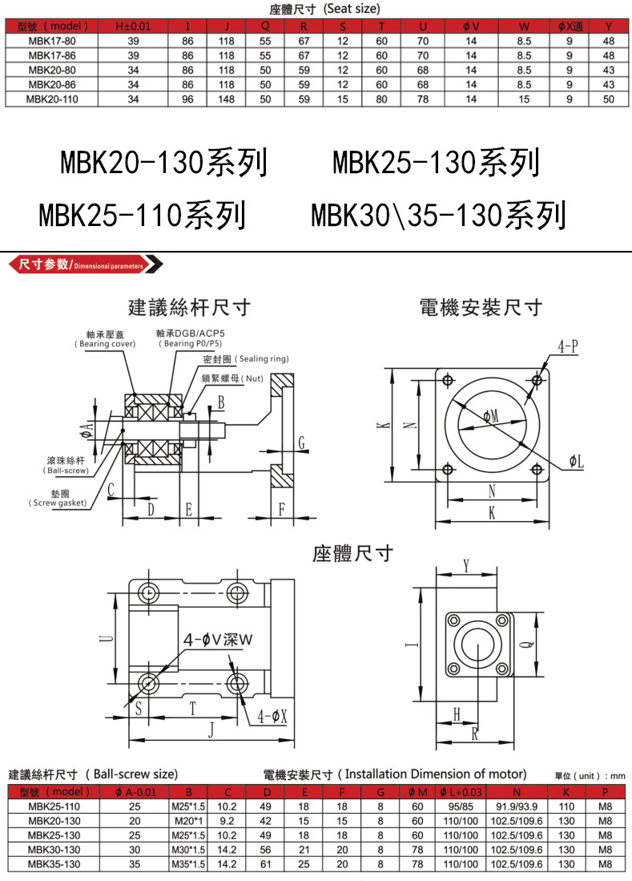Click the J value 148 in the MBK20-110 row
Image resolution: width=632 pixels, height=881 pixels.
click(226, 99)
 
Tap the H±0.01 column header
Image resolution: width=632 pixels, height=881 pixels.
click(133, 26)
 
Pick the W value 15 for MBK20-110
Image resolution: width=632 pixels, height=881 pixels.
click(524, 99)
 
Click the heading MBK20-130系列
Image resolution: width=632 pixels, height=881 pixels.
click(163, 163)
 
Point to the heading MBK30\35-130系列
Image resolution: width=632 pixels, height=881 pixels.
click(438, 215)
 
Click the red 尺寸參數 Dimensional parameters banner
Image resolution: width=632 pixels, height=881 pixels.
click(84, 264)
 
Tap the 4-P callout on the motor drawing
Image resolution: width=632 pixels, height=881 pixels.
click(569, 346)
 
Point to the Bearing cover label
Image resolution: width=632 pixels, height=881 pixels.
click(106, 338)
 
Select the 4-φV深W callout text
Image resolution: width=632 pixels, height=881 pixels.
click(217, 639)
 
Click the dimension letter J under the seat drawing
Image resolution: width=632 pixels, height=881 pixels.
click(210, 729)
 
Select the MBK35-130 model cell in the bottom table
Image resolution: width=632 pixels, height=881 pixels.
click(54, 864)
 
